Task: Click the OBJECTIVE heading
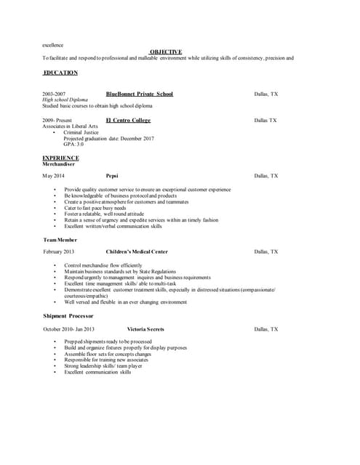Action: [x=166, y=52]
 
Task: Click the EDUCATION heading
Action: [x=60, y=73]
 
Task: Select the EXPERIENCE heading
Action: [x=60, y=158]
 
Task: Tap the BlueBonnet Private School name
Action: [x=140, y=94]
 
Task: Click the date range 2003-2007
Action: [x=53, y=94]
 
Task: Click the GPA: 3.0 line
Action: [x=73, y=144]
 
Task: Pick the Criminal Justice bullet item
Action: [x=81, y=132]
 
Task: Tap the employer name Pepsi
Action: [x=112, y=176]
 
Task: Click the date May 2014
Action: [x=53, y=176]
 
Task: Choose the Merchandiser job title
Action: [x=58, y=164]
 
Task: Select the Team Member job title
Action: [x=60, y=239]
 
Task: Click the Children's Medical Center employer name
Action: [x=136, y=251]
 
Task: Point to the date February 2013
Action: [x=58, y=251]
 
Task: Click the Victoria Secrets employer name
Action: [x=145, y=329]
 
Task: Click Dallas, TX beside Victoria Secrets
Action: [x=265, y=329]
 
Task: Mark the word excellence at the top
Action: [x=52, y=46]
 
